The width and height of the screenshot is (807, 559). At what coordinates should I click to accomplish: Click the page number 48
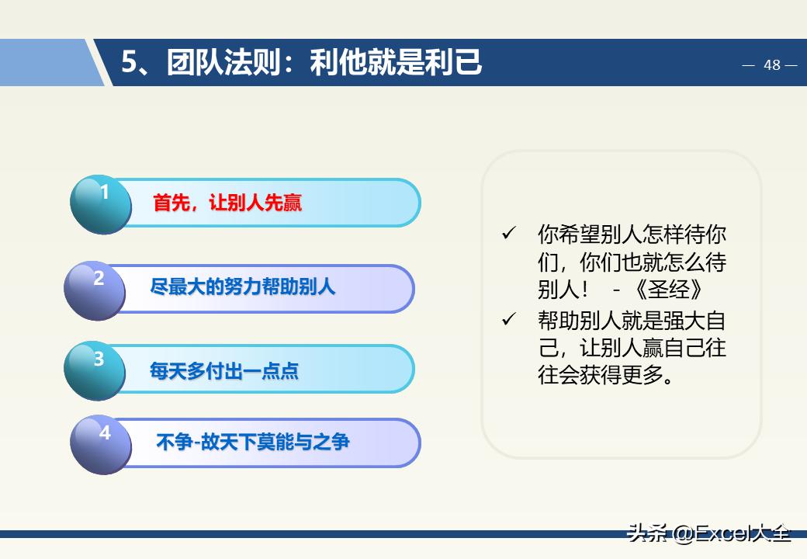[771, 65]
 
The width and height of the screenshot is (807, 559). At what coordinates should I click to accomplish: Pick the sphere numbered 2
[95, 290]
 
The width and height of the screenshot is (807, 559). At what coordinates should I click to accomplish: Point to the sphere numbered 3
[95, 370]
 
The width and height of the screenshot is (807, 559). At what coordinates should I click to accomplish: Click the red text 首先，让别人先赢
[227, 203]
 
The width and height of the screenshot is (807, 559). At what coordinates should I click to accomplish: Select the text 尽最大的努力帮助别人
[242, 286]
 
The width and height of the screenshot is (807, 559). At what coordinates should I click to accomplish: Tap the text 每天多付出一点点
[223, 371]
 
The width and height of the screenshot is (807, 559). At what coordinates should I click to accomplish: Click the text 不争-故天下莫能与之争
[253, 443]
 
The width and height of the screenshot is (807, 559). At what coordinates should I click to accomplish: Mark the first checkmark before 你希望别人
[509, 234]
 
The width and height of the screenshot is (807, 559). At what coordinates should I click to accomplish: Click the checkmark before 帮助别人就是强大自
[509, 319]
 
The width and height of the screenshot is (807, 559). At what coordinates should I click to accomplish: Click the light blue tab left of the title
[47, 63]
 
